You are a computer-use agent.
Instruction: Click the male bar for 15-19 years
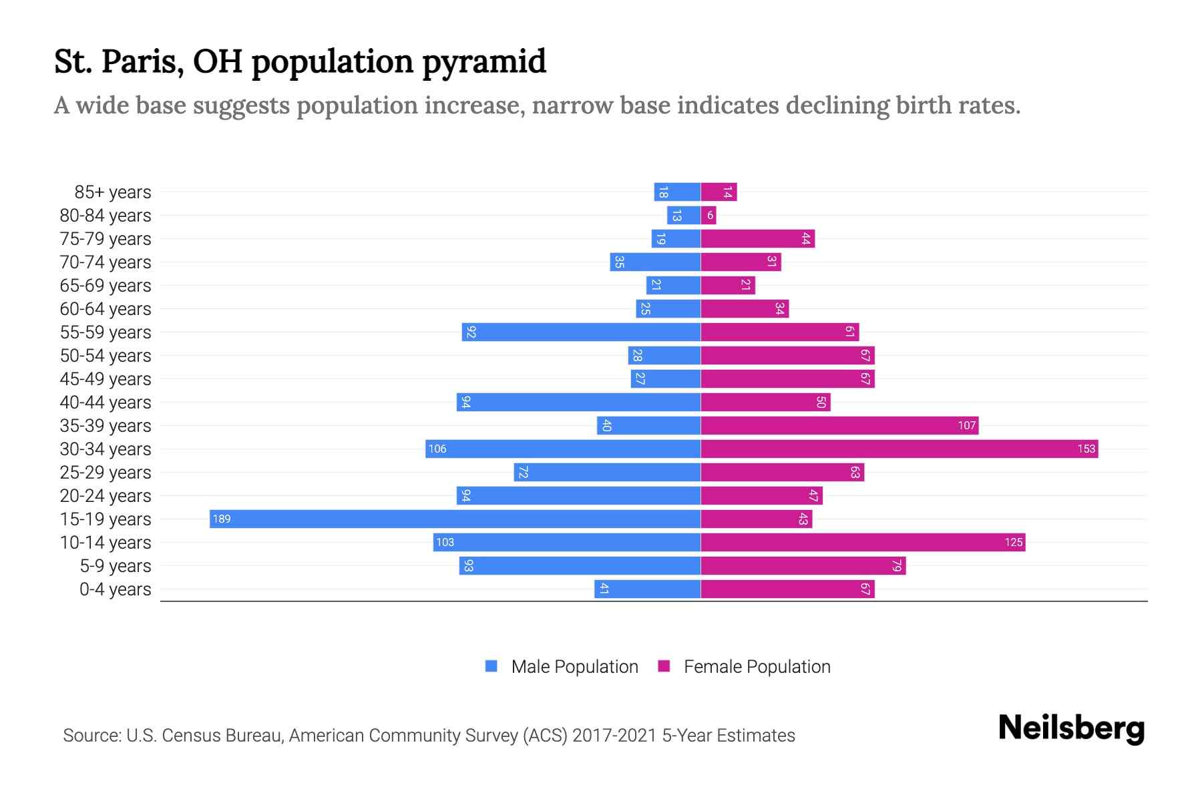454,519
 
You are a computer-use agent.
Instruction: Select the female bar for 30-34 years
899,449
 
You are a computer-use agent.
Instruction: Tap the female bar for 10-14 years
863,542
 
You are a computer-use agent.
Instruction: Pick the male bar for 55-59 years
581,332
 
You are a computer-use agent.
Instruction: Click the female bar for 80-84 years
709,215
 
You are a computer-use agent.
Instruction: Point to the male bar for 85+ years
677,192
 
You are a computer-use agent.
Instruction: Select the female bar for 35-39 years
839,425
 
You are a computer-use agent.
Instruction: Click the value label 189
222,519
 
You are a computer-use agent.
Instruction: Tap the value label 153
1086,449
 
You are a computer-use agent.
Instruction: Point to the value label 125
1013,542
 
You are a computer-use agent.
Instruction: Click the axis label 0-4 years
115,589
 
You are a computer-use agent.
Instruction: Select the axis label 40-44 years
106,403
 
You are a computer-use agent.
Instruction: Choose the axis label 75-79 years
106,239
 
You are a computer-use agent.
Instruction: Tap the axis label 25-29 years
106,473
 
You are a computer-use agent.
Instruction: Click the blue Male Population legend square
491,666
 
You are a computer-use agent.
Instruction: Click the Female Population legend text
757,666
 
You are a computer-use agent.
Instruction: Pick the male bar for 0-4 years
647,589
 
